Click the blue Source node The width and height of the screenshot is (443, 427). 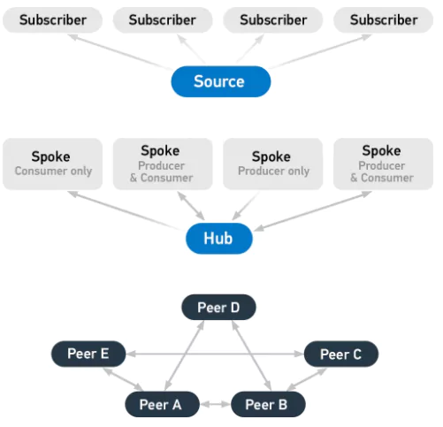click(221, 81)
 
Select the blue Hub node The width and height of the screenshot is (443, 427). click(219, 238)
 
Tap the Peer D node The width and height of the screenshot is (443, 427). click(218, 307)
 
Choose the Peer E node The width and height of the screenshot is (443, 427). click(88, 354)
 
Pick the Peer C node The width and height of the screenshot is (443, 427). click(341, 354)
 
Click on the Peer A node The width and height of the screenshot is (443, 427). click(162, 404)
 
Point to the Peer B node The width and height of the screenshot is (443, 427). click(268, 404)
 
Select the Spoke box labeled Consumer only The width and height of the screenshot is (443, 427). click(53, 164)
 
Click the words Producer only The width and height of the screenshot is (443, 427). click(273, 171)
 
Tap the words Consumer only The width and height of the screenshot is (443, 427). click(53, 171)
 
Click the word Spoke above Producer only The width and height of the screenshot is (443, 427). click(271, 156)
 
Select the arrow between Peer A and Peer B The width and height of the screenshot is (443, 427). click(215, 404)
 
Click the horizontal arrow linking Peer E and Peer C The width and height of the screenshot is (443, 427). click(215, 354)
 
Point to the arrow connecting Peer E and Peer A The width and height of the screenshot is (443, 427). click(123, 379)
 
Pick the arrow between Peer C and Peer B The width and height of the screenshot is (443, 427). click(307, 379)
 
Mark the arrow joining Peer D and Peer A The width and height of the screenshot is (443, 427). click(184, 355)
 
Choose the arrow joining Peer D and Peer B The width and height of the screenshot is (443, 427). click(251, 355)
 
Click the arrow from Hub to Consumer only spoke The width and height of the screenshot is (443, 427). click(124, 210)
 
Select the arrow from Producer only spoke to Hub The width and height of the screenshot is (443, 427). click(246, 206)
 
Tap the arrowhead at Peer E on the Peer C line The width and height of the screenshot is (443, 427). click(131, 354)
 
